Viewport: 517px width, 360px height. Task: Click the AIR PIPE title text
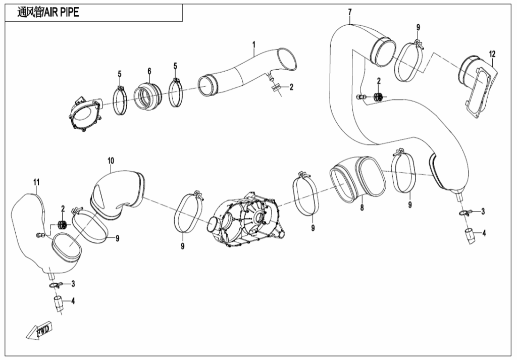[x=48, y=13]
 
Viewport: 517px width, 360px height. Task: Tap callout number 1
[x=254, y=44]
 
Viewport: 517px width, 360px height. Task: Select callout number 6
[x=149, y=71]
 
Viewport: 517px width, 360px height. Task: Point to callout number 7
[x=350, y=13]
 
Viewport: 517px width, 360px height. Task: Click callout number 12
[x=492, y=54]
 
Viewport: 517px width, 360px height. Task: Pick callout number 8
[x=361, y=208]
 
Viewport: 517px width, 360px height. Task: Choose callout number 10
[x=111, y=161]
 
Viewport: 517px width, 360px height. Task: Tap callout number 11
[x=36, y=182]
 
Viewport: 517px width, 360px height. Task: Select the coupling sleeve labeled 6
[x=148, y=95]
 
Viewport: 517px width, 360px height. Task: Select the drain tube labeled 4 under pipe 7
[x=470, y=236]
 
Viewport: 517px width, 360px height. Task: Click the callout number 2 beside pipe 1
[x=291, y=87]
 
